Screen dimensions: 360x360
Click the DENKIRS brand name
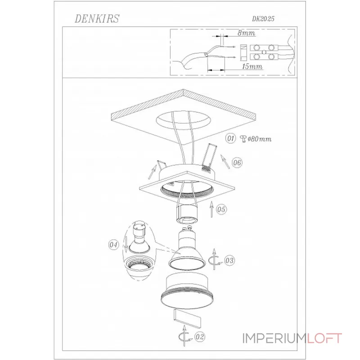click(x=97, y=18)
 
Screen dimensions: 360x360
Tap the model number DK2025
click(x=263, y=19)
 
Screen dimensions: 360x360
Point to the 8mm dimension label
click(x=246, y=33)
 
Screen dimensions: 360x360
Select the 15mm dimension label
click(x=252, y=67)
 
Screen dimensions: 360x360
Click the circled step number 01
click(x=230, y=139)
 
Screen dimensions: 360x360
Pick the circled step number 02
click(x=199, y=337)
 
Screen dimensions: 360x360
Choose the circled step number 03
click(x=229, y=261)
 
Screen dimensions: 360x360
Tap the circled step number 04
click(x=114, y=245)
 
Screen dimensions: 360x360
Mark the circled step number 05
click(x=221, y=209)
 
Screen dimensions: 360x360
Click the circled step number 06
click(x=237, y=163)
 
